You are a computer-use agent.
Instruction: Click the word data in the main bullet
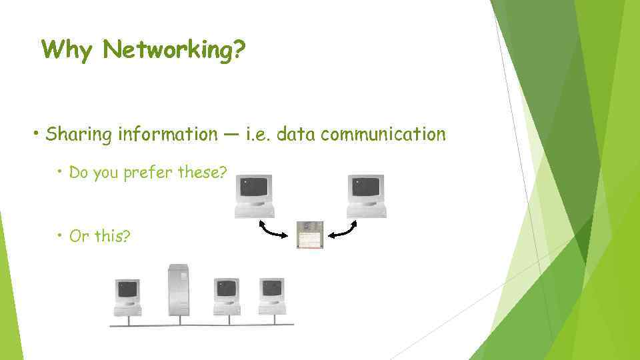pos(295,135)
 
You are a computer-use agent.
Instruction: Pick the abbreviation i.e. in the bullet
pos(257,135)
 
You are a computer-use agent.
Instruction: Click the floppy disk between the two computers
pos(309,235)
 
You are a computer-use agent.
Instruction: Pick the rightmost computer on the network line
pos(272,297)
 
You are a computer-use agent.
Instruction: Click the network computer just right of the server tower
pos(227,297)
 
